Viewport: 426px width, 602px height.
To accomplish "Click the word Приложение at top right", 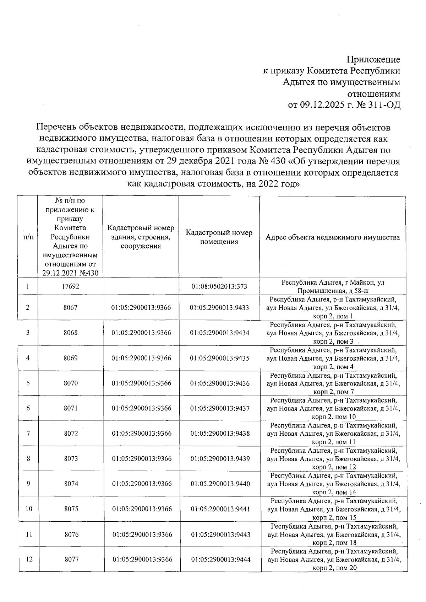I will coord(373,59).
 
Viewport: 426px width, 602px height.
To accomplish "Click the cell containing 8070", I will coord(71,383).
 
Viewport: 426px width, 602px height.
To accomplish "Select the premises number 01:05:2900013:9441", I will coord(220,509).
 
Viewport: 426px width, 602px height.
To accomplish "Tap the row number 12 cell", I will coord(29,559).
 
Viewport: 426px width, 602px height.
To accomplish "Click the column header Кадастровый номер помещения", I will coord(219,237).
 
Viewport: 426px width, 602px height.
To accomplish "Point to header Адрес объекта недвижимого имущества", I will coord(333,237).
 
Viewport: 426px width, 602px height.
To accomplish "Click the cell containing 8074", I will coord(71,484).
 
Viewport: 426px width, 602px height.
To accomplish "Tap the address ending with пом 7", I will coord(333,383).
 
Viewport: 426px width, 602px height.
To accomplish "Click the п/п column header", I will coord(28,237).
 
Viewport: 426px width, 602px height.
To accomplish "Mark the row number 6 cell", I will coord(28,408).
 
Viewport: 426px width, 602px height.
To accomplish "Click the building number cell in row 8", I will coord(142,459).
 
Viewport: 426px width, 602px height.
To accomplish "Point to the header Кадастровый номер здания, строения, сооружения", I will coord(141,237).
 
